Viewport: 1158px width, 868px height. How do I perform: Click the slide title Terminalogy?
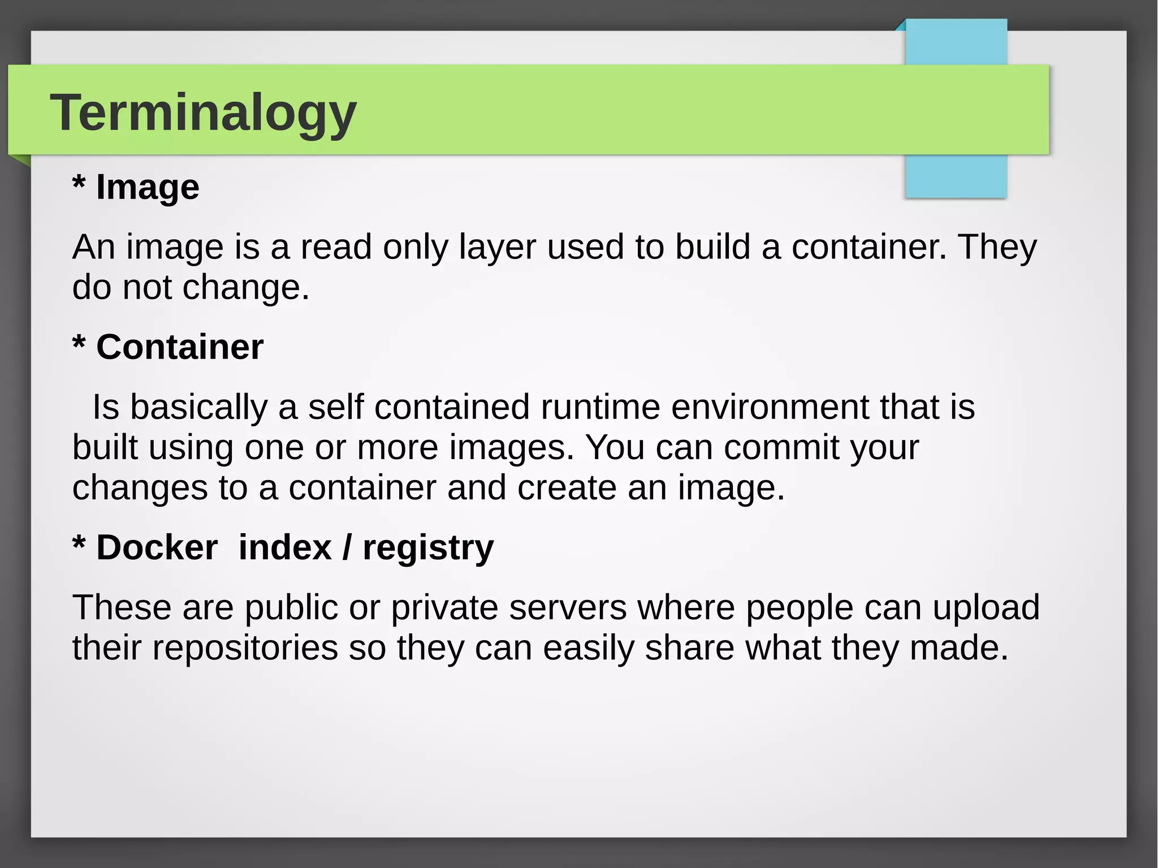point(204,113)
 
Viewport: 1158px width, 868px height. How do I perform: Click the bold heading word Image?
point(148,187)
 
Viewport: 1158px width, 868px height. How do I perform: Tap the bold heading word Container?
point(180,347)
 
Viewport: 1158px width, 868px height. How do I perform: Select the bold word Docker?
point(157,547)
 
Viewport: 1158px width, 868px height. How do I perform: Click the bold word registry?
point(428,549)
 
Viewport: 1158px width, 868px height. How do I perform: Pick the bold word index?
point(285,547)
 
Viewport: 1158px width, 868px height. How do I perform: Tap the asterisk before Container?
point(79,343)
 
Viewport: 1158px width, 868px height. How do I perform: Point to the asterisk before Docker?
point(79,544)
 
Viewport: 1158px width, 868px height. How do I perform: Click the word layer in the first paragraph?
point(497,248)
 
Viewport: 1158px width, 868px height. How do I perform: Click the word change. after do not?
point(246,287)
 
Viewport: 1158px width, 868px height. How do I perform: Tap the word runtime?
point(600,407)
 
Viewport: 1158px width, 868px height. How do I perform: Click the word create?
point(567,487)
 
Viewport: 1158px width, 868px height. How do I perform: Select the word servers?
point(568,608)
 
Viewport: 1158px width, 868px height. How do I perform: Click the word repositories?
point(245,648)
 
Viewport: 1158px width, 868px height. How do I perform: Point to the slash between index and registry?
point(347,547)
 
